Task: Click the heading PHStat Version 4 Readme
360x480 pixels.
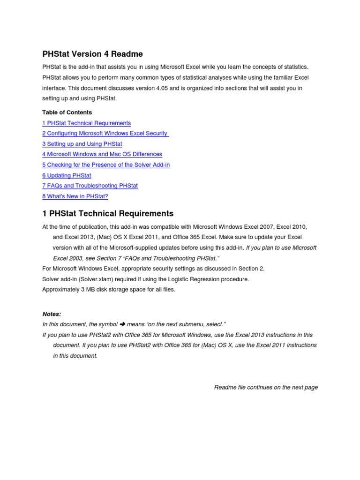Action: (x=92, y=54)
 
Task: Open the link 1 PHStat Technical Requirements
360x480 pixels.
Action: (x=87, y=123)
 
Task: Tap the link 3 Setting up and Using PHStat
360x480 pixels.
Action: (x=82, y=144)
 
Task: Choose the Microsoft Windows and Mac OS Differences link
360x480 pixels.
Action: (x=102, y=154)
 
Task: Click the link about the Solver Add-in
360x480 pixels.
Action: (x=106, y=165)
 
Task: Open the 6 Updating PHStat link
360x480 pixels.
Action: (x=67, y=175)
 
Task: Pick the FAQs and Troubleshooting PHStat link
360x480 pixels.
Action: (x=90, y=186)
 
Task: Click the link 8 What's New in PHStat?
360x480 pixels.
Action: (x=75, y=196)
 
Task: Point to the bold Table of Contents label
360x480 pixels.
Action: (x=67, y=112)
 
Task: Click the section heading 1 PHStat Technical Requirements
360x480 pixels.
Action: (x=108, y=214)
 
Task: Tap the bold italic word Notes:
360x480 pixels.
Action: (x=52, y=314)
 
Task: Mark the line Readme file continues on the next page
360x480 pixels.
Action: (x=266, y=387)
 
